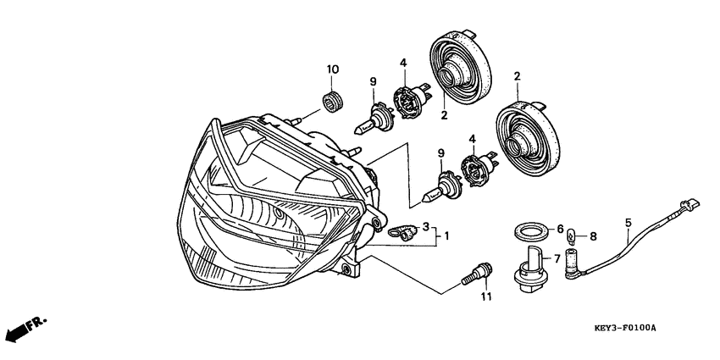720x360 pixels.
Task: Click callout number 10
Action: point(332,69)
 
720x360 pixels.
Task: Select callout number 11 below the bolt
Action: point(486,296)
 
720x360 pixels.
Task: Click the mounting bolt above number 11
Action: point(477,274)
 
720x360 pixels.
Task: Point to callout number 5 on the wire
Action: point(629,223)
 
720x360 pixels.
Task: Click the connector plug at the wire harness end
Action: point(688,206)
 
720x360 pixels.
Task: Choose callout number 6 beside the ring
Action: point(560,228)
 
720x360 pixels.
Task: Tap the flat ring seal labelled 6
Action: point(531,229)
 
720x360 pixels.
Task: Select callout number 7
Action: point(557,259)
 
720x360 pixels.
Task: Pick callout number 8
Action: point(593,236)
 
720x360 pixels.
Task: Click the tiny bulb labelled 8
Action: point(572,237)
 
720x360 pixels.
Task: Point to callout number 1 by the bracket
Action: point(446,236)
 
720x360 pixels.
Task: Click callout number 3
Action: point(426,226)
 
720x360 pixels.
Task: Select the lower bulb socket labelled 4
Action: point(479,169)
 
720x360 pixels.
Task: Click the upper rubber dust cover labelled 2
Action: point(460,67)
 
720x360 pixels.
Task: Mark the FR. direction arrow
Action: point(28,330)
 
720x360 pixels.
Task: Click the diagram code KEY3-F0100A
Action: point(625,329)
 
